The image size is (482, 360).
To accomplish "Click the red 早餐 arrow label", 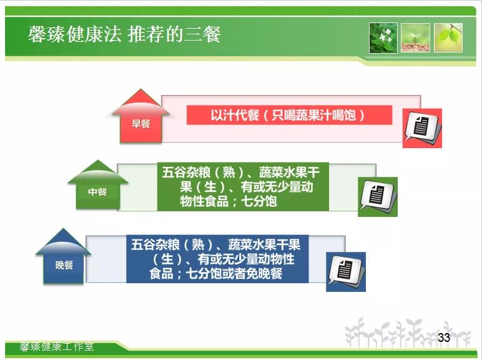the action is [140, 124].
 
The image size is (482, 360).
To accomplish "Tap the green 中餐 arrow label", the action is [97, 192].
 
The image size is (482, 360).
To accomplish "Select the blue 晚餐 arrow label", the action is [64, 265].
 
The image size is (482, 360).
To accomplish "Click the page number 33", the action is [444, 337].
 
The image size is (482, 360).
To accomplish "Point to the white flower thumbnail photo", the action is [383, 38].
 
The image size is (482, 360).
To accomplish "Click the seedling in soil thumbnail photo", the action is [415, 38].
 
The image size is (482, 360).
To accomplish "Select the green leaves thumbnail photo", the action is [448, 38].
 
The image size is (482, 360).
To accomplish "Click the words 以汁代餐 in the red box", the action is [235, 116].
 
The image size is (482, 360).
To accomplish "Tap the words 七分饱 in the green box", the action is [259, 201].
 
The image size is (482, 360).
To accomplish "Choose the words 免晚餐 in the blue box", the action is [263, 274].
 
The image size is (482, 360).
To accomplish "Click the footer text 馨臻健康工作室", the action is [57, 346].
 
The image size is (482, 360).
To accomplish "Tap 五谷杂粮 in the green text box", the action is [186, 172].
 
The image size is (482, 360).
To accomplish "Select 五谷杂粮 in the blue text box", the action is [155, 245].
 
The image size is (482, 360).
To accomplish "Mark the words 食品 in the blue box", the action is [161, 274].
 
